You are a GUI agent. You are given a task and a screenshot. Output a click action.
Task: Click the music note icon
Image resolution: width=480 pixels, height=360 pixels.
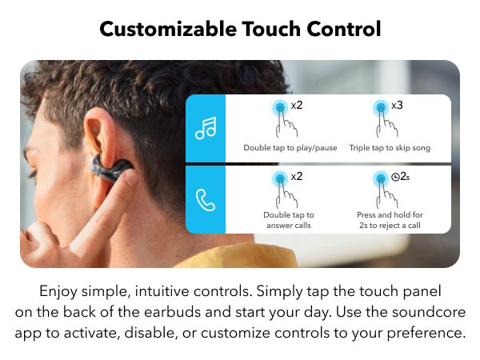(205, 128)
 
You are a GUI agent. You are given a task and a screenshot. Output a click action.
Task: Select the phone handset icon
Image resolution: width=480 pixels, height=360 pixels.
(205, 198)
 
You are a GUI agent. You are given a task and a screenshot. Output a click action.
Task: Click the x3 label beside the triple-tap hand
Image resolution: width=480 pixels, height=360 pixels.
(397, 106)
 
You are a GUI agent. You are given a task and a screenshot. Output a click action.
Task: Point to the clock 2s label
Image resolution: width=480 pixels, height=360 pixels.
(399, 176)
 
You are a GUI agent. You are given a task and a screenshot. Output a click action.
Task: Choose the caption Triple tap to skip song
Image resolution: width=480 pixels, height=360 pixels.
(389, 148)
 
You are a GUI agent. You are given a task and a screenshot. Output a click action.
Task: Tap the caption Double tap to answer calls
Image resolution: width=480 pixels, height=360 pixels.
(289, 220)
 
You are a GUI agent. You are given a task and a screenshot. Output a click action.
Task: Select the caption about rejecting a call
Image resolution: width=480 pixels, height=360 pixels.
(389, 220)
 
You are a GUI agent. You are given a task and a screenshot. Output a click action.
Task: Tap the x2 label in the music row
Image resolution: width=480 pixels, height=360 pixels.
(296, 106)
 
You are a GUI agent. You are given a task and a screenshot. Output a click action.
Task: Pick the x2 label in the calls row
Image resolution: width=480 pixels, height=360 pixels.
(296, 176)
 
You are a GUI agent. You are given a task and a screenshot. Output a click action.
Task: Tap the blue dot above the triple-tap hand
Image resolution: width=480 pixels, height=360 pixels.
(379, 107)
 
